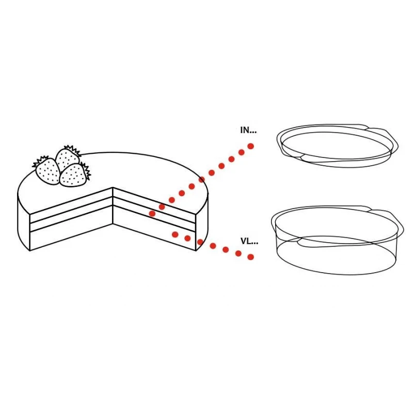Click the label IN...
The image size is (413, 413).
pos(248,130)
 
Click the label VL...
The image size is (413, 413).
pos(249,241)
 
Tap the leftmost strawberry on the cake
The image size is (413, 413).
pos(47,171)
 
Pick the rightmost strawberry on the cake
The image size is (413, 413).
pos(73,175)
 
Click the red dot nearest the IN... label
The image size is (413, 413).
pos(251,146)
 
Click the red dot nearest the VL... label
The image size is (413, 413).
pos(251,257)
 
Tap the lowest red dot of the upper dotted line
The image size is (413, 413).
pos(152,214)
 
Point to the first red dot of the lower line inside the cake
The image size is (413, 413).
pos(175,234)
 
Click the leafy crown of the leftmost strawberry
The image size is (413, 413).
pos(40,161)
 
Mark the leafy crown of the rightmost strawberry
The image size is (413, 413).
pos(86,171)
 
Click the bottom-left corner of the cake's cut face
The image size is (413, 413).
pos(30,250)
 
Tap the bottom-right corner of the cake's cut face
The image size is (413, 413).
pos(196,250)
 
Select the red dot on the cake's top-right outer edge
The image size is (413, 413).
pos(201,180)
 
